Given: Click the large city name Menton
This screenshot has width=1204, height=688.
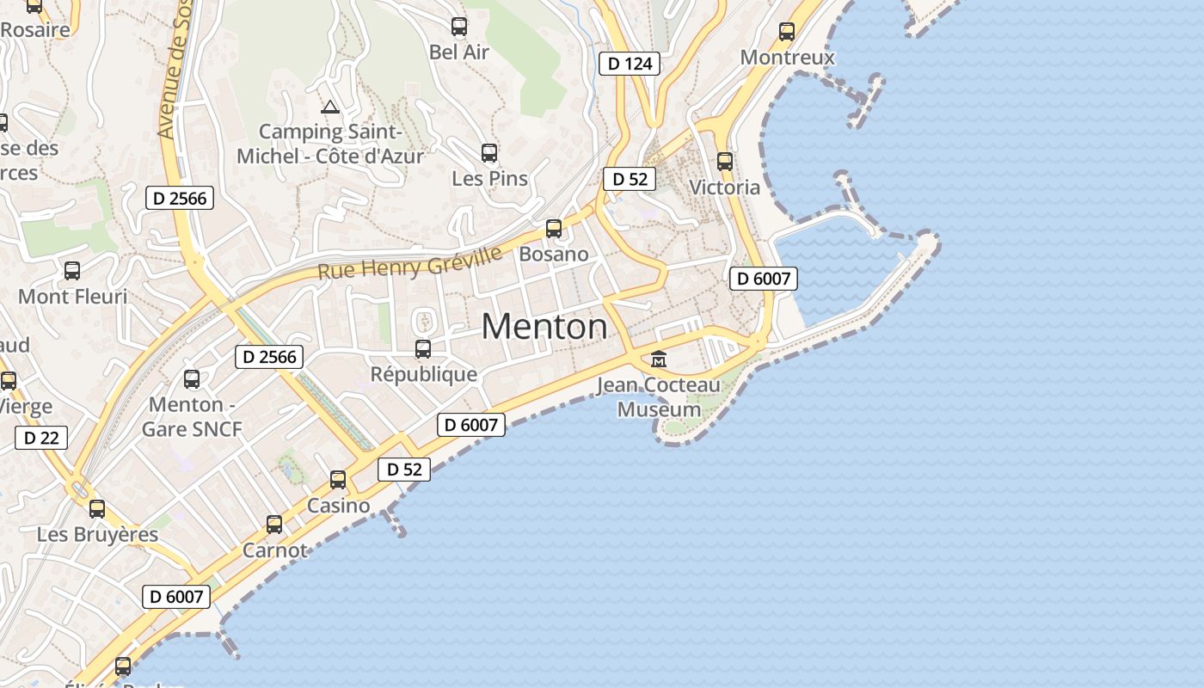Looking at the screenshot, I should point(544,327).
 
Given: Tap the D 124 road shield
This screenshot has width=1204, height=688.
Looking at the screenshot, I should point(630,64).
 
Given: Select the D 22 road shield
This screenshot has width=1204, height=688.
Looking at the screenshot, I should point(41,438).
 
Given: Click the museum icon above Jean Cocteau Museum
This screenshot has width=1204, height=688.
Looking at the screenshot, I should point(659,359).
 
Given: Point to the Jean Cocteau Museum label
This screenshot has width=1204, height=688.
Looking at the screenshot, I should point(659,397).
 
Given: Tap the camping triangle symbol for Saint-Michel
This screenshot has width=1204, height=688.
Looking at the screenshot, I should point(329,107).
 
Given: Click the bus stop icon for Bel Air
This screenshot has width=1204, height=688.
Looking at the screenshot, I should point(459,27).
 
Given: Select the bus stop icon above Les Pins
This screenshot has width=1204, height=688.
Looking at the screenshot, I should point(489,153).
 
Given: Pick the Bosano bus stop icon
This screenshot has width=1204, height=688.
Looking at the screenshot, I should point(554,229).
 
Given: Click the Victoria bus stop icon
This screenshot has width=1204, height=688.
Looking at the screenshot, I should point(725,161).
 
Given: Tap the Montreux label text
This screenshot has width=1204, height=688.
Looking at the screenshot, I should point(787,58).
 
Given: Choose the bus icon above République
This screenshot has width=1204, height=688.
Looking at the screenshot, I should point(423,349).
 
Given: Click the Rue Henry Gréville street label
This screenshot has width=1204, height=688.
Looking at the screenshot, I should point(409,262).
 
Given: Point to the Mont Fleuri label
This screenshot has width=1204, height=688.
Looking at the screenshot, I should point(72,297).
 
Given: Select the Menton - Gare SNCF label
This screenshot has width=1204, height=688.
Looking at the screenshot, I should point(192,416).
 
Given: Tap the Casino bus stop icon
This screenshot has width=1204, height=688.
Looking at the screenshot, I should point(338,480).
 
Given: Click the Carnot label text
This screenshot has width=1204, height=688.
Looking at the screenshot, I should point(274,550).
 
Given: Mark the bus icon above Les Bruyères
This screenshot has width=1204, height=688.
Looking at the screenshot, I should point(97,508).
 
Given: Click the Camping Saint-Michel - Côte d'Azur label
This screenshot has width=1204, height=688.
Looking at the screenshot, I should point(330,144).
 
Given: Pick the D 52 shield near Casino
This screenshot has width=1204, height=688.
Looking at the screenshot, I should point(404,470).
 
